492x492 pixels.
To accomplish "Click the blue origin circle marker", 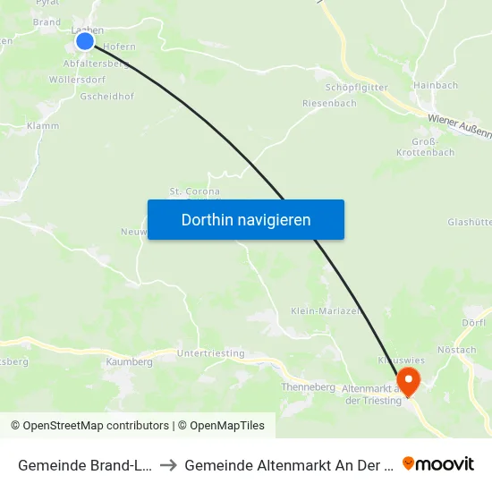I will [85, 41].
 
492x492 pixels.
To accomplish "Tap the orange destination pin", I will [409, 382].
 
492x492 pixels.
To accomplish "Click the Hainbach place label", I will [437, 85].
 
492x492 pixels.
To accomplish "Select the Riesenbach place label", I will [329, 103].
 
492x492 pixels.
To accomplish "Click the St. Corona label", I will [194, 191].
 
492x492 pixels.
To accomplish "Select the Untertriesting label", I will [210, 353].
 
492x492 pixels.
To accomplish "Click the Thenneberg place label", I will [308, 387].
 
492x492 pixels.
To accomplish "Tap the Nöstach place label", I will [457, 350].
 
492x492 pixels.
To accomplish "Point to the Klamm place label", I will [43, 126].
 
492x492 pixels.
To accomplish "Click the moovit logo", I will [438, 463].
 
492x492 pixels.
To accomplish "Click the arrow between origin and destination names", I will [167, 465].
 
